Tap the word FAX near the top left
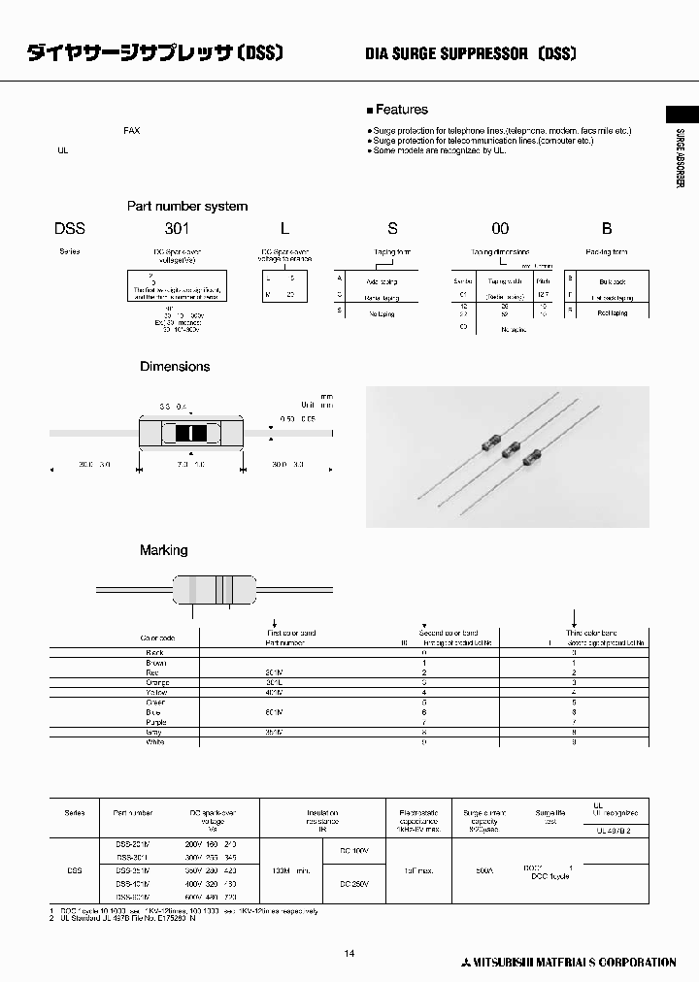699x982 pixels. [131, 130]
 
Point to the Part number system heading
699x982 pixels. [187, 206]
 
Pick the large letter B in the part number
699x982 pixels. [607, 229]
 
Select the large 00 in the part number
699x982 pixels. [499, 229]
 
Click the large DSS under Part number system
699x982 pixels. [70, 229]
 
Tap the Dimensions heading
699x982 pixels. [175, 367]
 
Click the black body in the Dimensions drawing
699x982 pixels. [192, 434]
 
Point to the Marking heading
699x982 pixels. [164, 550]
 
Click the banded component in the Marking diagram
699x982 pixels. [216, 589]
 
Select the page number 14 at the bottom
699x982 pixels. [349, 954]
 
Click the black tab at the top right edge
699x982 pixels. [682, 113]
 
